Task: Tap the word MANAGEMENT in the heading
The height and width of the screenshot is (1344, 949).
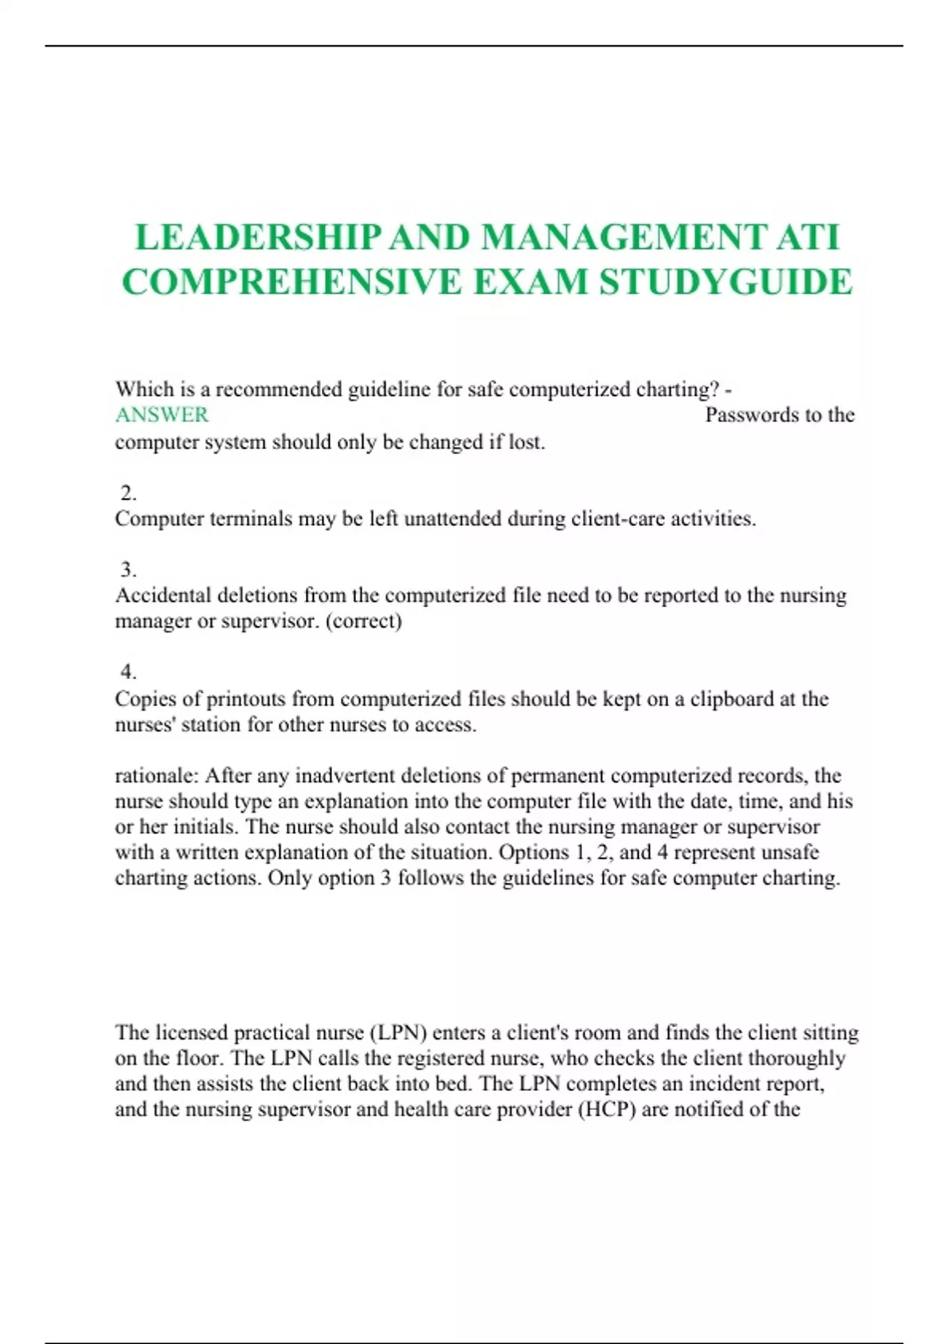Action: point(623,237)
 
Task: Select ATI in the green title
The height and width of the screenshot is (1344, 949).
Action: point(807,237)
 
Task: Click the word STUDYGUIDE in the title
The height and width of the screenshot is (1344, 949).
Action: point(726,282)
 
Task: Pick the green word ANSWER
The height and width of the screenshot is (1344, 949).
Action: point(162,415)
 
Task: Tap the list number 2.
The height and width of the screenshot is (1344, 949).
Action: point(128,493)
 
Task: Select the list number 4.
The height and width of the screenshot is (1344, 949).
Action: point(128,672)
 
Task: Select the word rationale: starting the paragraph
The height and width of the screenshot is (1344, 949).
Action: point(157,776)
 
